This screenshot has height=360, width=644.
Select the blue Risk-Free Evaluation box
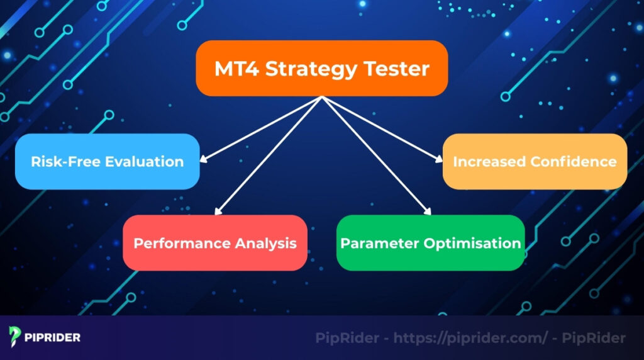coord(107,161)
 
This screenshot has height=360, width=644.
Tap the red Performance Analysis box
coord(214,243)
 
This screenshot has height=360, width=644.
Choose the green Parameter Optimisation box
coord(430,243)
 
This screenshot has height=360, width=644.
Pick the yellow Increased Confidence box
coord(535,161)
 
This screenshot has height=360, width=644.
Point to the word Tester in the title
coord(397,68)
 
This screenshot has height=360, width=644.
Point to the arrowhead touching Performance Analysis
coord(218,213)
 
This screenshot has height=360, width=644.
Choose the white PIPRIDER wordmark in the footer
coord(53,338)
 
